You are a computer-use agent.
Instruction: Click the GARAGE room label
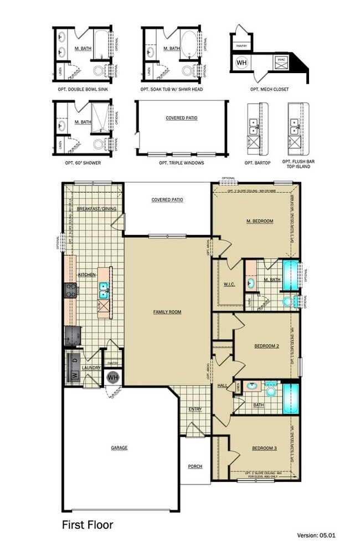[119, 447]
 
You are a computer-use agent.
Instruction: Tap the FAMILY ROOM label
[167, 312]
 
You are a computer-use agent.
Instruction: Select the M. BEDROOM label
[259, 222]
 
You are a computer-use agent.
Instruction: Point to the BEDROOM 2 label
[266, 346]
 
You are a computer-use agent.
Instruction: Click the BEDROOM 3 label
[264, 448]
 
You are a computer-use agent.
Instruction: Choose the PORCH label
[194, 466]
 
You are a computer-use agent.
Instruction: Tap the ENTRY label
[194, 409]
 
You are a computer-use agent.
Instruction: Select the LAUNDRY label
[90, 367]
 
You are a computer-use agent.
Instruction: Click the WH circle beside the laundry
[113, 378]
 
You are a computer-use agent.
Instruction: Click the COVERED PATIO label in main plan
[167, 200]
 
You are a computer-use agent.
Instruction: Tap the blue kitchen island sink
[104, 287]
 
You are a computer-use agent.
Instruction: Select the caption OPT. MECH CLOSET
[269, 89]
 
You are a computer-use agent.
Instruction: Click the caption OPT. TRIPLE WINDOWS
[181, 163]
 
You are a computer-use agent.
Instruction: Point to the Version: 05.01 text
[316, 536]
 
